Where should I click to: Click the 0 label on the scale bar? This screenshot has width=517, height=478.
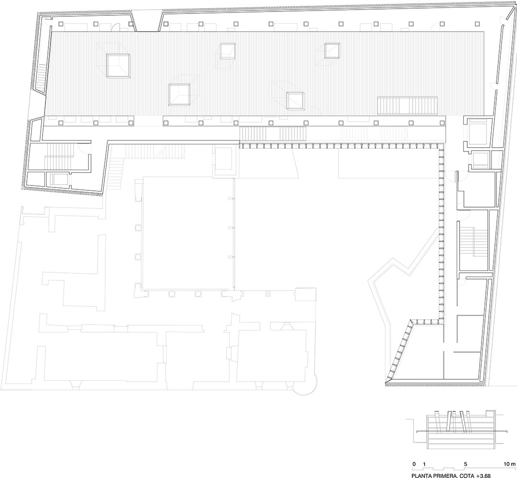click(x=414, y=464)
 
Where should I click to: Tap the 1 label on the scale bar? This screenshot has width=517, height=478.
click(x=424, y=464)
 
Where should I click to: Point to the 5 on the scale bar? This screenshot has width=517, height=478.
click(x=465, y=464)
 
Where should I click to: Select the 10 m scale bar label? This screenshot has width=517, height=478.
click(x=508, y=464)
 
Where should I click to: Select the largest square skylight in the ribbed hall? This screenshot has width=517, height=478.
click(x=118, y=66)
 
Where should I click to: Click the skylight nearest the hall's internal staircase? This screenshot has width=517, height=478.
click(x=295, y=101)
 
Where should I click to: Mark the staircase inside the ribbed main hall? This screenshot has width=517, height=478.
click(x=407, y=105)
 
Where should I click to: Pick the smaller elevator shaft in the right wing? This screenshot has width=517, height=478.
click(x=480, y=159)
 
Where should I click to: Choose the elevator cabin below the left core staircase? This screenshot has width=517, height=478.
click(x=59, y=180)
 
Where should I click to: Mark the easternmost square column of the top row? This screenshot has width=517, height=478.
click(x=477, y=24)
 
